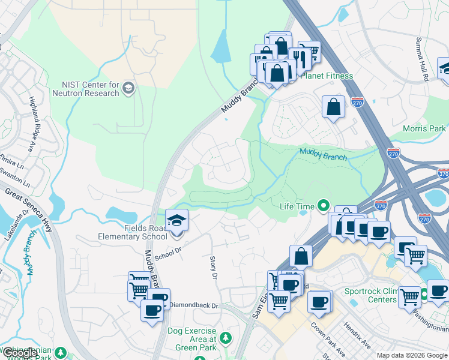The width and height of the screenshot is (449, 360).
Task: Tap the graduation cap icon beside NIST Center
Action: (128, 89)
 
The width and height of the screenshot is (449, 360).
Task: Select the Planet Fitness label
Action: (327, 76)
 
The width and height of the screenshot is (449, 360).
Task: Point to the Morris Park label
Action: (424, 128)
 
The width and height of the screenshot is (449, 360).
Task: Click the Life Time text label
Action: (297, 206)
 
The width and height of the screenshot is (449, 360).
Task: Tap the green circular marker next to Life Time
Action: (324, 206)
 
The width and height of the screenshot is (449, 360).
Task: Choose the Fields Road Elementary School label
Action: (133, 232)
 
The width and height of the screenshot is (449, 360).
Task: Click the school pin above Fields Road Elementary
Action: (176, 221)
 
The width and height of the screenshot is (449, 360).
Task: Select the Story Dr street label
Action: (212, 268)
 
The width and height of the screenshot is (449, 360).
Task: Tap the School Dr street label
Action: (167, 254)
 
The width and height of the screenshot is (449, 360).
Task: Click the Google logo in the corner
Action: (19, 353)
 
